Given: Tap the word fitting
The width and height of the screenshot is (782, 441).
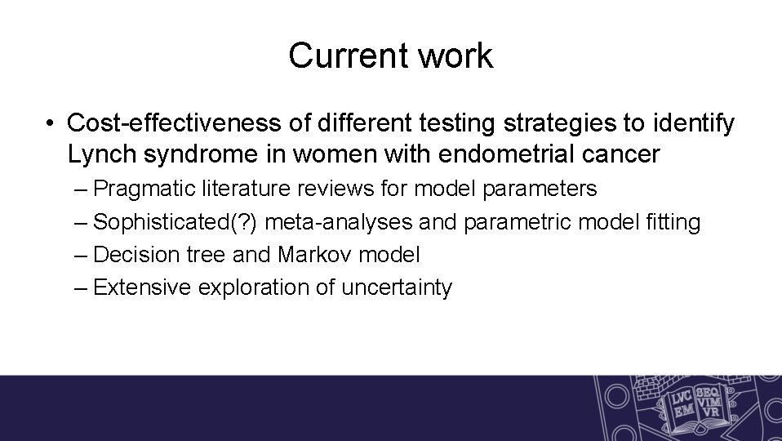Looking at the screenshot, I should coord(674,221).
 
